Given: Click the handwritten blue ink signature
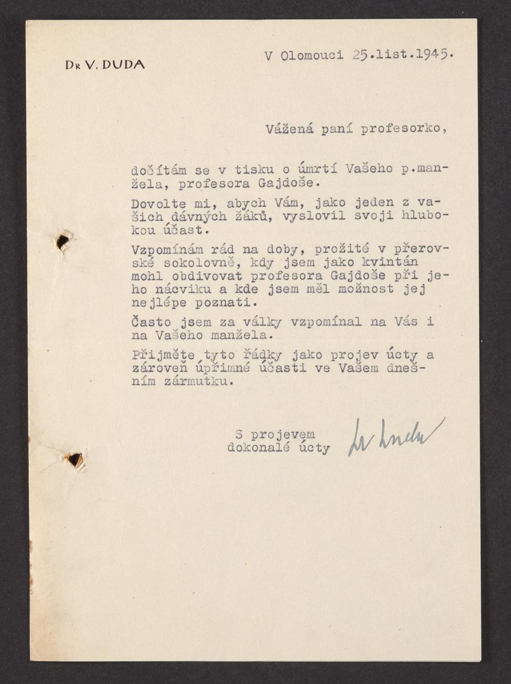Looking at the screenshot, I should coord(396,436).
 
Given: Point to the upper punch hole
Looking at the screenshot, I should coord(63,242).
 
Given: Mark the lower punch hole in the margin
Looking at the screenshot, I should coord(73,459).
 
